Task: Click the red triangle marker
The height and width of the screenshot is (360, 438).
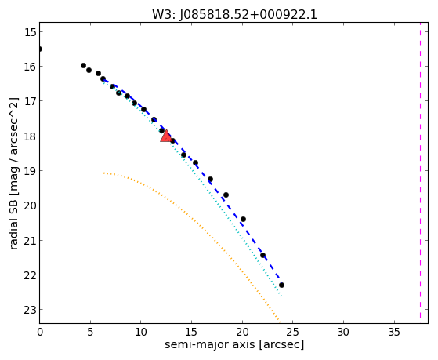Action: pos(166,136)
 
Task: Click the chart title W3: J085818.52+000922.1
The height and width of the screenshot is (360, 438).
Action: pos(234,15)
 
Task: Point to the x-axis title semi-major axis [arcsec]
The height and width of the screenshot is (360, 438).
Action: pos(234,344)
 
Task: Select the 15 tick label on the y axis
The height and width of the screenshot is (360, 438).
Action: pos(31,32)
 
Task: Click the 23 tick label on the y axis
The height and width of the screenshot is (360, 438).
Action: pos(31,310)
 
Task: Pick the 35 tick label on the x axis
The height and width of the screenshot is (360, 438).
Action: pos(394,333)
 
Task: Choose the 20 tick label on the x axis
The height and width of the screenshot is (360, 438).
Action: pos(242,333)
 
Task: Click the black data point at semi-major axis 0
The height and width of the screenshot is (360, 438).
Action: pos(40,49)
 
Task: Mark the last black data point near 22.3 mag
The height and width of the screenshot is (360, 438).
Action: pos(281,285)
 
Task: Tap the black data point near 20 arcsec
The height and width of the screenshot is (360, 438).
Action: pos(244,219)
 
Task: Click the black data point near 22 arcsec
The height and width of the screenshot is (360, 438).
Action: pos(262,255)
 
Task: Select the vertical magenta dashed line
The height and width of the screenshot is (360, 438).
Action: pos(421,171)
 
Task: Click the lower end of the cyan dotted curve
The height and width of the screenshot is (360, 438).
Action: pos(281,296)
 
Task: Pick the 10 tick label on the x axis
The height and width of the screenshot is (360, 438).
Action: pos(141,333)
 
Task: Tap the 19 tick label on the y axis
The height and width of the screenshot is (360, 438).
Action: pos(31,171)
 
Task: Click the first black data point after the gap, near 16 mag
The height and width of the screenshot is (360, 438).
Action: pos(83,65)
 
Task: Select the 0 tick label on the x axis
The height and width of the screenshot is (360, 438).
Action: pos(40,333)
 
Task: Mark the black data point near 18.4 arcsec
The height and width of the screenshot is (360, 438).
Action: pos(226,195)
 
